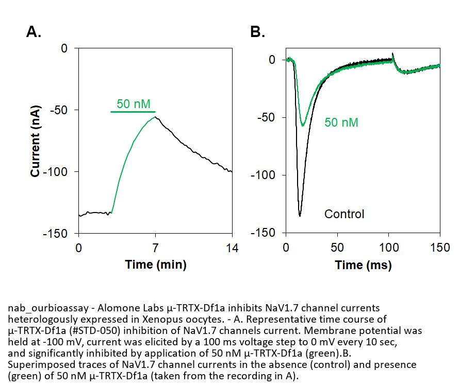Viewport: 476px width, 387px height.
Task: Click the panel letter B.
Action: pos(257,32)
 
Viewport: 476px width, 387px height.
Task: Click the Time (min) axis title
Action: pos(155,265)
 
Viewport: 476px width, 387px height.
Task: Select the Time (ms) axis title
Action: pos(363,265)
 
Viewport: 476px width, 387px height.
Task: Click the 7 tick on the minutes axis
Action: pos(155,248)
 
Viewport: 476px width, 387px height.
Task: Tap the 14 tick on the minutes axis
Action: pos(232,248)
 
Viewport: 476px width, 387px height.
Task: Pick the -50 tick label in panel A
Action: pos(59,110)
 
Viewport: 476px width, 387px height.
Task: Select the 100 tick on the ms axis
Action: pos(388,248)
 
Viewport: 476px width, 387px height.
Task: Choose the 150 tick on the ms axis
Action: pos(440,248)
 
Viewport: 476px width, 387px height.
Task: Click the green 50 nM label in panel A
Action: pos(134,103)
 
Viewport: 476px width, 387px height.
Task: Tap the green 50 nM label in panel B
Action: pos(341,122)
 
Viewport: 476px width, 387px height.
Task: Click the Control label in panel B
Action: pos(344,214)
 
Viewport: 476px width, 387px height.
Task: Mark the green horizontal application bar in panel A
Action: pos(133,112)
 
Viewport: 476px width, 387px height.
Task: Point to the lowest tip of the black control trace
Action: pos(300,216)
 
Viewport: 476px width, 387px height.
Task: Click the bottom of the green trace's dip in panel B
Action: pos(303,125)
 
